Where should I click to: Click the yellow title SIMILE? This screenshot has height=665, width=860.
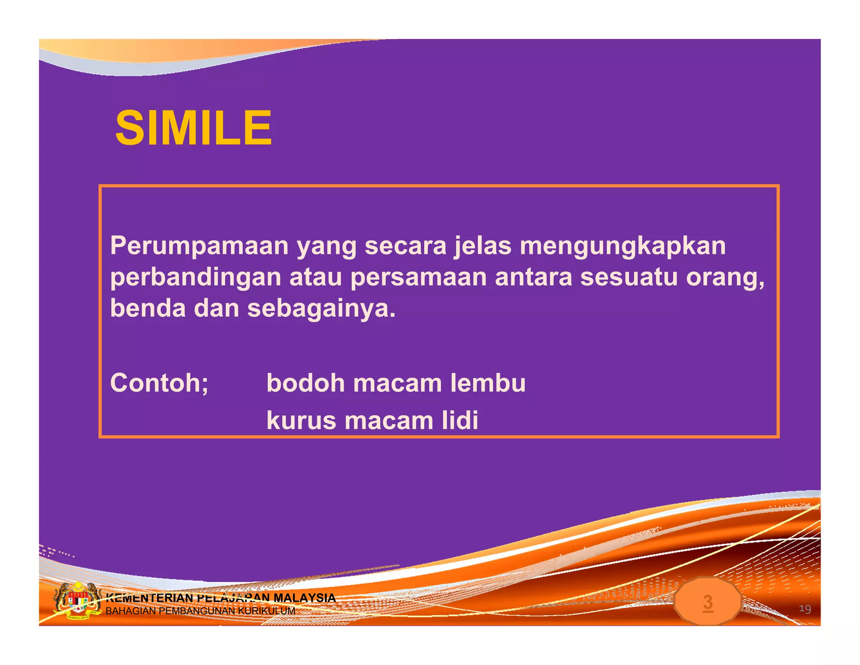pyautogui.click(x=194, y=128)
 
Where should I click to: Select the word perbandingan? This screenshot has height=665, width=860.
pyautogui.click(x=195, y=278)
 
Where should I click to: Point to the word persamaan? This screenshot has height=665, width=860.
pyautogui.click(x=418, y=277)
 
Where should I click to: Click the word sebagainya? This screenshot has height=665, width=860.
pyautogui.click(x=321, y=309)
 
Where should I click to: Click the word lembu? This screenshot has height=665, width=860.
pyautogui.click(x=488, y=383)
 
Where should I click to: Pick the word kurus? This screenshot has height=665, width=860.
pyautogui.click(x=301, y=420)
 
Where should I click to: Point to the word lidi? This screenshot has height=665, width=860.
pyautogui.click(x=460, y=420)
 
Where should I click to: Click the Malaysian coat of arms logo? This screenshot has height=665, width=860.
pyautogui.click(x=77, y=601)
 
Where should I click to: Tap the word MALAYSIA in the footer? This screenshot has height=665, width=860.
pyautogui.click(x=304, y=597)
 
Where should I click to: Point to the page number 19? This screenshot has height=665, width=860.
pyautogui.click(x=805, y=609)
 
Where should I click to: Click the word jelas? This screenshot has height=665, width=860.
pyautogui.click(x=483, y=246)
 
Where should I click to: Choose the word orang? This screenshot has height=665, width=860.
pyautogui.click(x=725, y=278)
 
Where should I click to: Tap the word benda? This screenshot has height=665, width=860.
pyautogui.click(x=148, y=309)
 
